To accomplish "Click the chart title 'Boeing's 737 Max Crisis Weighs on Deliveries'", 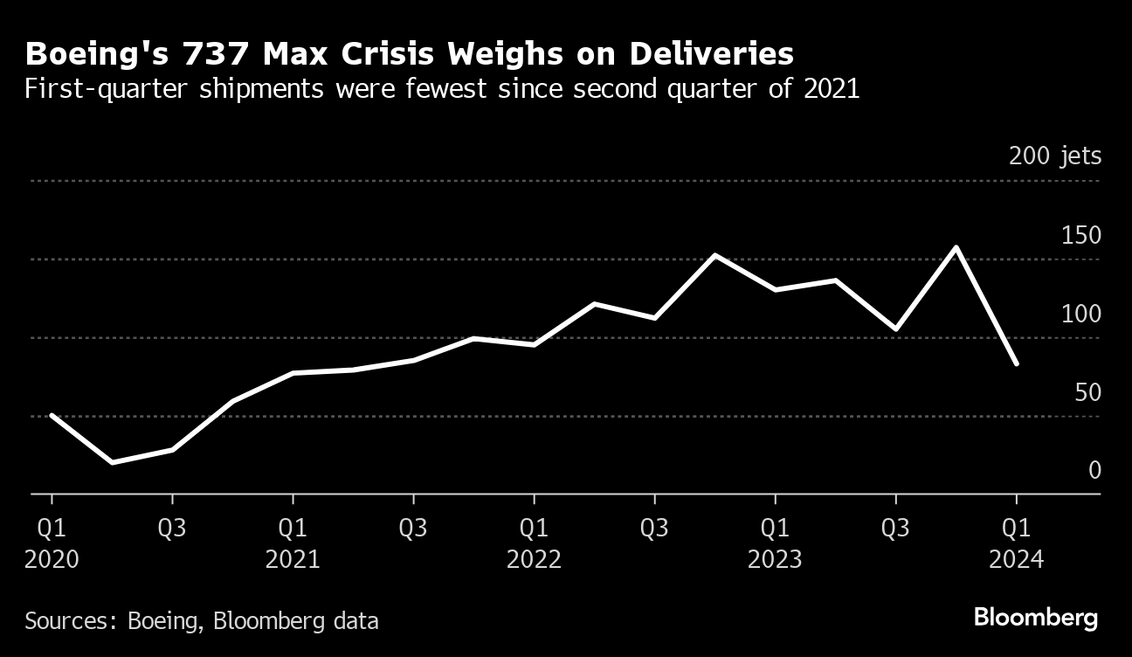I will coord(409,54).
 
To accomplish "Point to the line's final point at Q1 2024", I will coord(1016,363).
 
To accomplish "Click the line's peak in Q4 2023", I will coord(956,247).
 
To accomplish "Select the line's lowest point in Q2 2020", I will coord(111,462).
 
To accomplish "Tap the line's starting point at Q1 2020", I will coord(52,415).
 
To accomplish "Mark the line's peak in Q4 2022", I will coord(714,255).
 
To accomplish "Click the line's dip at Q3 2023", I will coord(895,329).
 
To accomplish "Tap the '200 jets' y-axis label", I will coord(1054,157).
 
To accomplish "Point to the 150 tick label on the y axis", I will coord(1080,236).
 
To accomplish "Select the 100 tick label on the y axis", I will coord(1080,315).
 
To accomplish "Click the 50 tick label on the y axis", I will coord(1088,393).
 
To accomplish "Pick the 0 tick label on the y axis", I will coord(1094,471).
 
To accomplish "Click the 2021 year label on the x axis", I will coord(293,559).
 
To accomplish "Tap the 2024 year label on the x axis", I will coord(1016,559).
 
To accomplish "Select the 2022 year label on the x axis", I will coord(534,559).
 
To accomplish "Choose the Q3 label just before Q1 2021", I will coord(172,529).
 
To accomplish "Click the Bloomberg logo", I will coord(1035,619).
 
